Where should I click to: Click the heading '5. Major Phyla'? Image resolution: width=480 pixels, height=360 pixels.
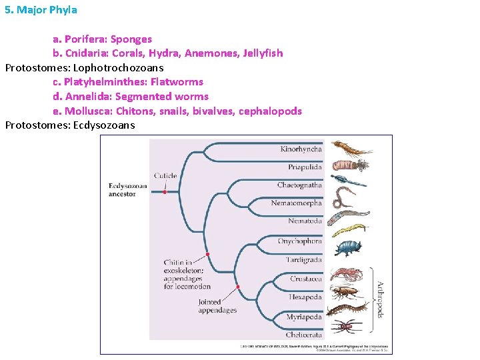(41, 10)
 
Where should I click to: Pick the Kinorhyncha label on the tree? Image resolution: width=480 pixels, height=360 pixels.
(301, 149)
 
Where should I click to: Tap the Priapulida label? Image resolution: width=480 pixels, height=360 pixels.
(304, 167)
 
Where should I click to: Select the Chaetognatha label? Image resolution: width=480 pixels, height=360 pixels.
(299, 185)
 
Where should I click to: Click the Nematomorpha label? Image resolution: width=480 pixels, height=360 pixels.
(296, 203)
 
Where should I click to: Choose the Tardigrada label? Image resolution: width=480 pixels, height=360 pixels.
(303, 260)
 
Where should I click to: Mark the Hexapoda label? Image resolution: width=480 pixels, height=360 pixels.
(305, 297)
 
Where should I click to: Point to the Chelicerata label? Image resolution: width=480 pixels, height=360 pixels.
(303, 335)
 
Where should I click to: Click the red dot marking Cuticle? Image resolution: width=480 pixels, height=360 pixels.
(165, 192)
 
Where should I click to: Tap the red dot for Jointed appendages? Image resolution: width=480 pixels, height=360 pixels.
(238, 287)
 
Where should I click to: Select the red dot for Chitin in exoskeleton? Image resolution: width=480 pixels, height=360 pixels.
(207, 255)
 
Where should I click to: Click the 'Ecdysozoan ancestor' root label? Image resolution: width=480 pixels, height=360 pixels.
(127, 189)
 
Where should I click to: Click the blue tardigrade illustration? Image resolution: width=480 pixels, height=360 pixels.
(347, 249)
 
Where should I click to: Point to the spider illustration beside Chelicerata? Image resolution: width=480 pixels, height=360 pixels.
(347, 327)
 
